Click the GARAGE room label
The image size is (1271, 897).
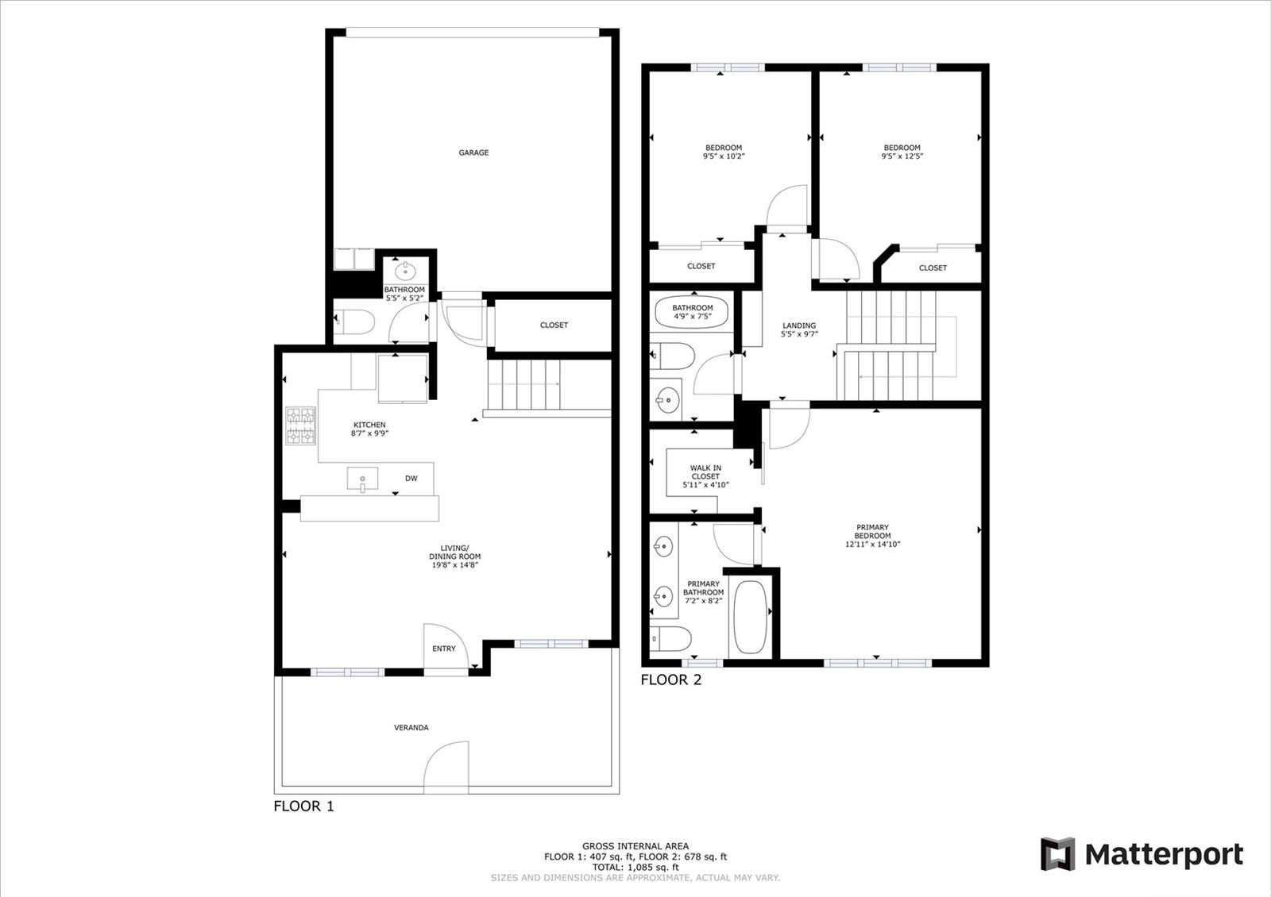473,152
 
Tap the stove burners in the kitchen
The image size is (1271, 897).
301,425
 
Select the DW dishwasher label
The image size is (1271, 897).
411,479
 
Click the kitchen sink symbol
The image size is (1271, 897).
362,479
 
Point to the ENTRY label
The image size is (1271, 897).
444,649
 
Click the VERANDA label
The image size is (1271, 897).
411,727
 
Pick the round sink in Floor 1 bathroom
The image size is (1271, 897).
405,271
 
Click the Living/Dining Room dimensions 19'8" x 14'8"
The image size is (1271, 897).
455,564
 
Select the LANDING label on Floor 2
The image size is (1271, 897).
799,325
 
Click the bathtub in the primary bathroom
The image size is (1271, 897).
750,617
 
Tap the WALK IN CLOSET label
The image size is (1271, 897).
705,472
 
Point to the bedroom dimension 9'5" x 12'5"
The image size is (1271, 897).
902,156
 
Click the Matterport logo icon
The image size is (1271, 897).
1057,854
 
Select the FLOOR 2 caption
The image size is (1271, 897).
671,679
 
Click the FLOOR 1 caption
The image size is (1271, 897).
303,807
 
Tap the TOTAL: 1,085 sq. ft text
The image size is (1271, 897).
635,867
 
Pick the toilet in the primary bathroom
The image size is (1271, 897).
670,639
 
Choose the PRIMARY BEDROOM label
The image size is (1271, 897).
873,531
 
